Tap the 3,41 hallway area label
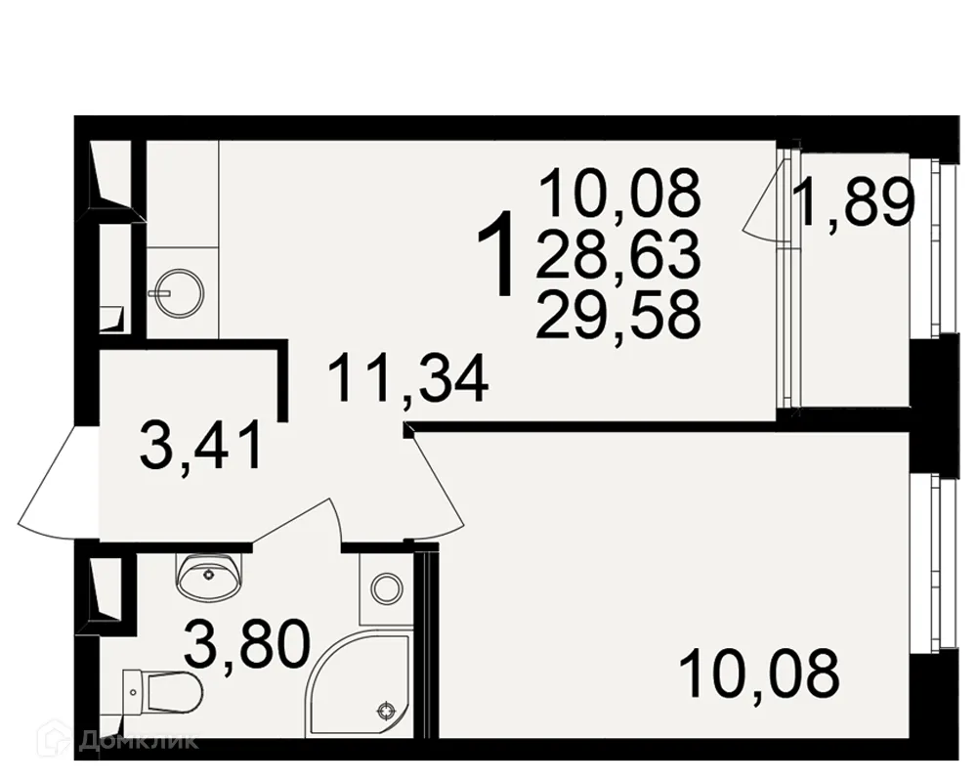click(x=200, y=446)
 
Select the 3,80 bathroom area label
click(x=247, y=644)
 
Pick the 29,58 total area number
click(x=618, y=315)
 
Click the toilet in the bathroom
click(x=162, y=691)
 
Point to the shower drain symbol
click(x=386, y=711)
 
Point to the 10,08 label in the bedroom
click(x=759, y=674)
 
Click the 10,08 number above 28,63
click(x=620, y=193)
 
